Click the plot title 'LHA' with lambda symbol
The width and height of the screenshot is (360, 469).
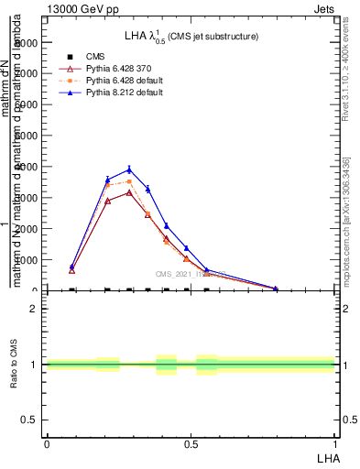[191, 36]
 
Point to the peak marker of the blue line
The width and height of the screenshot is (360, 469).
[129, 169]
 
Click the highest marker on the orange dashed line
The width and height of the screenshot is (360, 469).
[129, 181]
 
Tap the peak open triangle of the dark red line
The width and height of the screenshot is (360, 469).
[129, 192]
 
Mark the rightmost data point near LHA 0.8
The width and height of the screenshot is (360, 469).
[276, 289]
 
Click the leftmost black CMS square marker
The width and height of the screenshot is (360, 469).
[72, 289]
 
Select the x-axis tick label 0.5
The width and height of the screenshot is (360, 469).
[191, 443]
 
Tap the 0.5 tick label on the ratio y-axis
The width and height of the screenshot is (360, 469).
[31, 420]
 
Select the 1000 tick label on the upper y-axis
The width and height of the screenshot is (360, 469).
[27, 260]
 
